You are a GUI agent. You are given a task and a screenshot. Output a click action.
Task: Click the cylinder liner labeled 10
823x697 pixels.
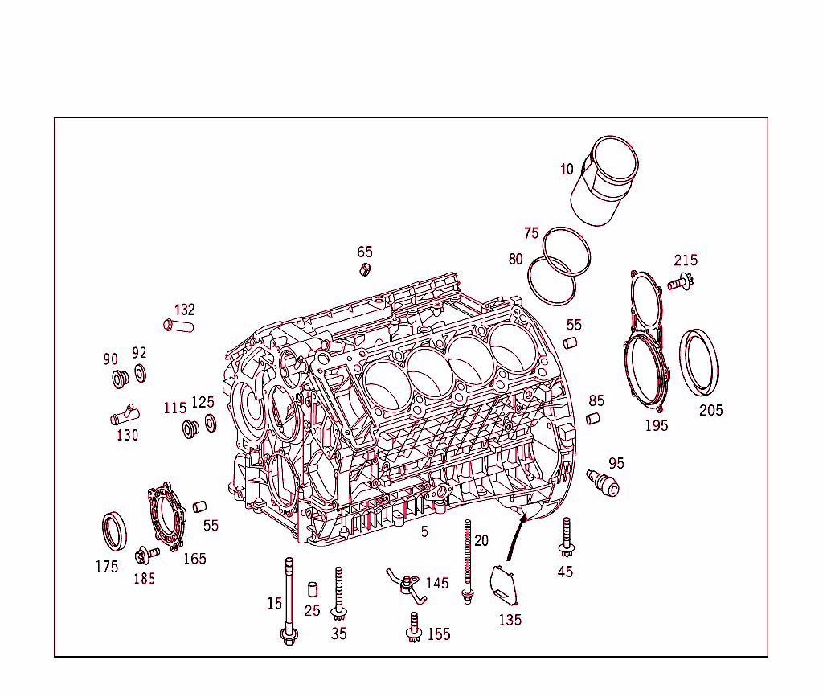[608, 182]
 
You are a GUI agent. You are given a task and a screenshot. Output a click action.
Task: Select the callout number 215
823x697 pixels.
[686, 260]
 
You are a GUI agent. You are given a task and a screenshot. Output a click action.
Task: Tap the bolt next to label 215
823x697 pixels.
[680, 282]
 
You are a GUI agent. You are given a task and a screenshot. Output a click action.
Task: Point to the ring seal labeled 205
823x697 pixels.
[699, 363]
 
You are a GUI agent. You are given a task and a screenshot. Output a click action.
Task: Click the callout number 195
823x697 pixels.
[657, 425]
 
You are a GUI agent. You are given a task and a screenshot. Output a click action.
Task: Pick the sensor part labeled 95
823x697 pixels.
[604, 482]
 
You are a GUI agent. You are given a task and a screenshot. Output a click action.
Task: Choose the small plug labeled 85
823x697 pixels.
[593, 418]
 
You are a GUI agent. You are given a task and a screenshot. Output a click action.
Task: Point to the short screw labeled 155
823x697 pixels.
[414, 627]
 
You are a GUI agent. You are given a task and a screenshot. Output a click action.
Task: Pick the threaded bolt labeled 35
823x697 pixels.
[339, 594]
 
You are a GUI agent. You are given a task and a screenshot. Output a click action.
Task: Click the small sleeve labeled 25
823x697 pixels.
[313, 589]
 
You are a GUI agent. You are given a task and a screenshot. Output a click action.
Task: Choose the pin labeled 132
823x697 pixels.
[179, 326]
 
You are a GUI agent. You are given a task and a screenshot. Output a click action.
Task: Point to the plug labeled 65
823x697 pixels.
[365, 269]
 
